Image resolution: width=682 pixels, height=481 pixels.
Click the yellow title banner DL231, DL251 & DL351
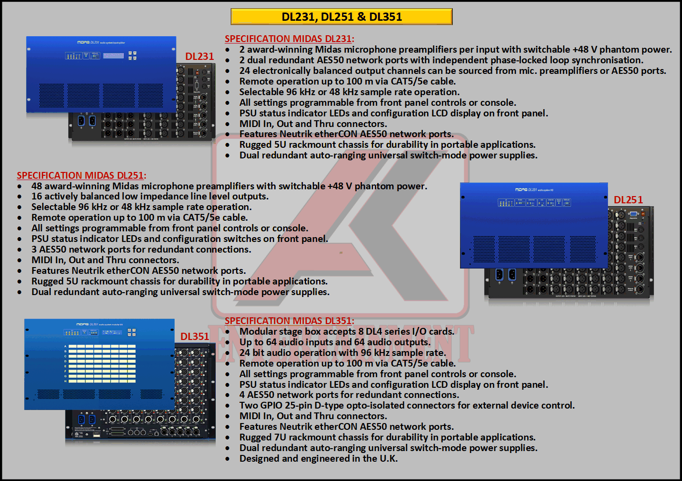341,16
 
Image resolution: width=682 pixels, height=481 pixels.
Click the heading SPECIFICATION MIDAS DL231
289,39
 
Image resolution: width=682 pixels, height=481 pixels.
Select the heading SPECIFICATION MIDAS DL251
81,175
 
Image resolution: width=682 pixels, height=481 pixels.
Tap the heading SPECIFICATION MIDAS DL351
289,321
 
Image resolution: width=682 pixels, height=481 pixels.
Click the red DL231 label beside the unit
199,56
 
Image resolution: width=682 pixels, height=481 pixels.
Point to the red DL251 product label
628,200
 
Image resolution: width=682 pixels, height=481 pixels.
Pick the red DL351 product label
194,336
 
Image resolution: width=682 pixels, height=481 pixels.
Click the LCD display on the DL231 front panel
113,56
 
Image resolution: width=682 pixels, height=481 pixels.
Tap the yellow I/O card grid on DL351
102,363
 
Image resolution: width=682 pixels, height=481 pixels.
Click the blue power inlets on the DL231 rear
87,120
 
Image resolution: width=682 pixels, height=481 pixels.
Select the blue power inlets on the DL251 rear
506,275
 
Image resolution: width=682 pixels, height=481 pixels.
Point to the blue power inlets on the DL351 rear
87,419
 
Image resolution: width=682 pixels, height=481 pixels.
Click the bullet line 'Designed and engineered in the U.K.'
318,458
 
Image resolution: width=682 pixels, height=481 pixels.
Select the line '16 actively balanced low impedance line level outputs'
150,197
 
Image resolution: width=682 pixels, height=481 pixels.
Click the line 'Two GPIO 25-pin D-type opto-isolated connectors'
407,405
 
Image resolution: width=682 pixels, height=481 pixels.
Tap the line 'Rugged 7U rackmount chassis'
387,437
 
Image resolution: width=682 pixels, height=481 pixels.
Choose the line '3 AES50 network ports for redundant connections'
141,249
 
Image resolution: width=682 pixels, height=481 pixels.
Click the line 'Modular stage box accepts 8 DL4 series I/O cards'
347,331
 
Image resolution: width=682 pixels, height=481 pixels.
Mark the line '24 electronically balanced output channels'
453,71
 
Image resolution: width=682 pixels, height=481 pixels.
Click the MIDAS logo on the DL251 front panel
521,189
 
